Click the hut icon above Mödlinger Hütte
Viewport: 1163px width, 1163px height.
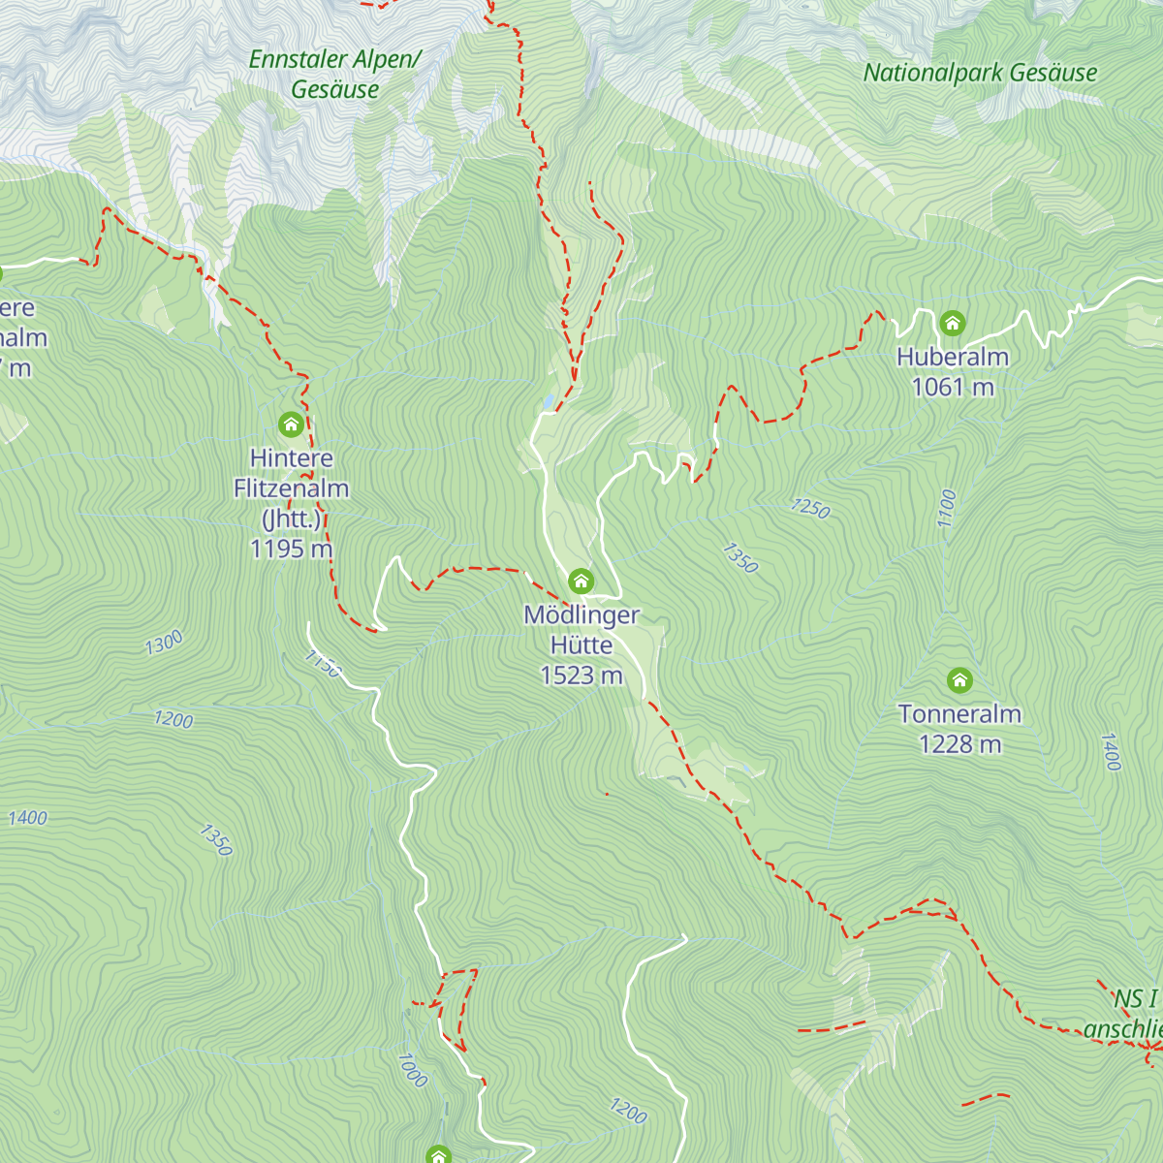[x=581, y=581]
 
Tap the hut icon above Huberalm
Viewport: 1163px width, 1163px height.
[x=952, y=323]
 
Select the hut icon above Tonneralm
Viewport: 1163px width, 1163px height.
[x=959, y=680]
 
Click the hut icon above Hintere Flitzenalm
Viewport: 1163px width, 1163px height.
[x=291, y=424]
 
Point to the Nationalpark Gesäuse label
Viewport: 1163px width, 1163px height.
[x=980, y=73]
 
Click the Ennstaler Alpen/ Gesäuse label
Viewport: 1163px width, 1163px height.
[x=335, y=74]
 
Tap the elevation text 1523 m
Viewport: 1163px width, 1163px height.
[x=581, y=676]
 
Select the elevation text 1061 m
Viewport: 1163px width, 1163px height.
[x=953, y=388]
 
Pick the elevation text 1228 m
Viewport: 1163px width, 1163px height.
[x=959, y=744]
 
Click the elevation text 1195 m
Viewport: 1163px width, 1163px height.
[x=291, y=549]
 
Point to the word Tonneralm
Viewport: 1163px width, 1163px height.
[x=959, y=714]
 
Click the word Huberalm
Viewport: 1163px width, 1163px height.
[x=953, y=357]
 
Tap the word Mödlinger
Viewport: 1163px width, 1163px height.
[x=581, y=614]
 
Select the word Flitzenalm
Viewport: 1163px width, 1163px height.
[x=291, y=488]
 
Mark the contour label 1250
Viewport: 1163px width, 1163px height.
[x=810, y=508]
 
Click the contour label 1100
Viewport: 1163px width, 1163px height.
[x=947, y=509]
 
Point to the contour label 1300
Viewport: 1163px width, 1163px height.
[x=164, y=643]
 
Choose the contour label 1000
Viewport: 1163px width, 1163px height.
[x=412, y=1069]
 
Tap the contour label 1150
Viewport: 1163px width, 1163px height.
[x=323, y=664]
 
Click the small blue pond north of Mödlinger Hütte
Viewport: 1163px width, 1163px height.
[x=550, y=400]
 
